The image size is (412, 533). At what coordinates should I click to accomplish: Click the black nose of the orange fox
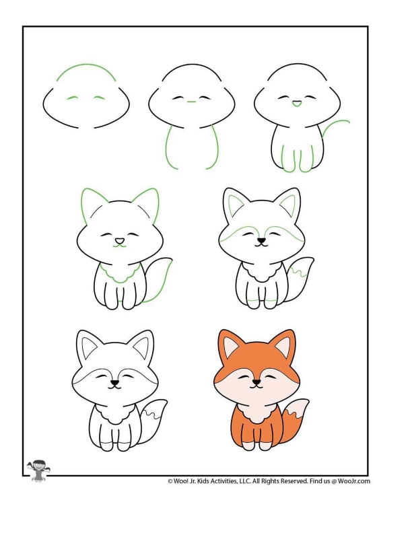coord(256,382)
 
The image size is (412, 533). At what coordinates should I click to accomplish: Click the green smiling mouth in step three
coord(296,104)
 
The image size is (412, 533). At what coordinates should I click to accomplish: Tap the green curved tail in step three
coord(335,127)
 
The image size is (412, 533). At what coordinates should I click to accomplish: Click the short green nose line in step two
coord(191,102)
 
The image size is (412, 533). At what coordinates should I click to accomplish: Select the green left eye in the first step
coord(73,98)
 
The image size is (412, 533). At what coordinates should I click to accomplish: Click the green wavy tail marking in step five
coord(298,271)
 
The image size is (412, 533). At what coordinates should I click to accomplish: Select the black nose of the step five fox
coord(261,241)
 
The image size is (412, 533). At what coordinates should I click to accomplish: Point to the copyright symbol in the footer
coord(170,481)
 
